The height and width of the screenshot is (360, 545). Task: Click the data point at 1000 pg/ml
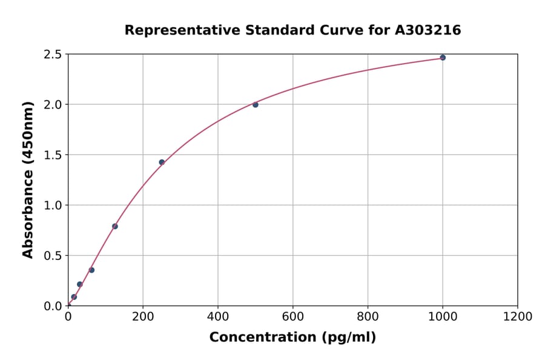tap(443, 58)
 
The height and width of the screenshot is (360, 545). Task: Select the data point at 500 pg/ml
tap(256, 105)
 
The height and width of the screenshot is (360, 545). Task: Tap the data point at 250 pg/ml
tap(162, 162)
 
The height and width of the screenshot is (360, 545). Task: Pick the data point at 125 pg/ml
tap(115, 226)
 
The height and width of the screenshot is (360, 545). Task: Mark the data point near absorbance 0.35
tap(91, 270)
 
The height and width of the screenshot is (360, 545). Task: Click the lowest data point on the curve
tap(74, 297)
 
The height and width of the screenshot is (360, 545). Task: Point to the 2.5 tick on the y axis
tap(53, 55)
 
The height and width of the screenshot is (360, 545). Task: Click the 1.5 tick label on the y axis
tap(53, 155)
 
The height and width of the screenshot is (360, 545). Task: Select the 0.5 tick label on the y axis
tap(53, 256)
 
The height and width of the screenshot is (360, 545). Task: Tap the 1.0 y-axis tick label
tap(53, 205)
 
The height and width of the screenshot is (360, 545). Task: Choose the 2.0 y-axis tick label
tap(53, 105)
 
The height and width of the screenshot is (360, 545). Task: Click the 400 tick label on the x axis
tap(218, 316)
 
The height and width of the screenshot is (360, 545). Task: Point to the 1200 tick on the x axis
tap(518, 316)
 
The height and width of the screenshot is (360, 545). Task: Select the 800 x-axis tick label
tap(368, 316)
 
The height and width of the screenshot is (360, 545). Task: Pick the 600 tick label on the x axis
tap(293, 316)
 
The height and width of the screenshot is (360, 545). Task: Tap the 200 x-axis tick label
tap(143, 316)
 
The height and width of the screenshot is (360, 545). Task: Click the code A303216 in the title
tap(428, 30)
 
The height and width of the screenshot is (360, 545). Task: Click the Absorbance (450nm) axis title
tap(28, 180)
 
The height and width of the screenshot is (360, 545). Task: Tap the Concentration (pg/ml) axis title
tap(292, 338)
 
